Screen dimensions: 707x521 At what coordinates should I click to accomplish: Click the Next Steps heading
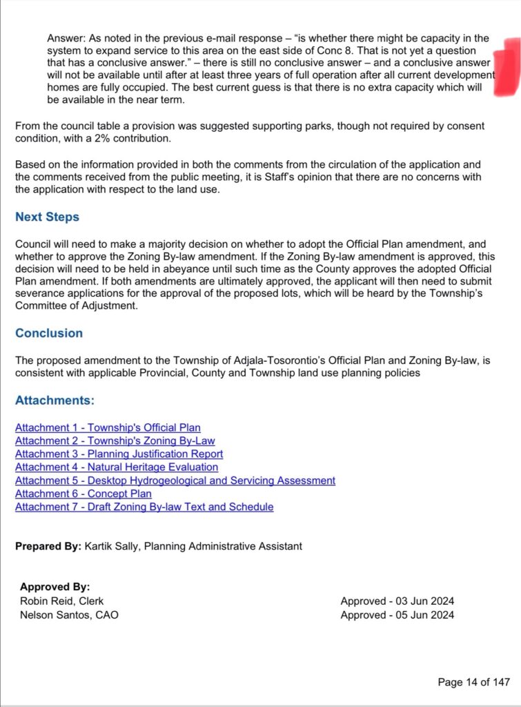47,217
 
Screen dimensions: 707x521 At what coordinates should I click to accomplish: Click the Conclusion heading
49,333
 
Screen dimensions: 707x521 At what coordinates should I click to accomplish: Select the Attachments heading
55,400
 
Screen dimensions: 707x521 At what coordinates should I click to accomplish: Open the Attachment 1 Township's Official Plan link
108,428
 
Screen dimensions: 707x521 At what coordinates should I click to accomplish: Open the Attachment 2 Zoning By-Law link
115,441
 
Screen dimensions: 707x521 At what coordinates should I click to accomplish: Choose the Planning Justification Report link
119,454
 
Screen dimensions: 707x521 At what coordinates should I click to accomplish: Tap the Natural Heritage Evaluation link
117,467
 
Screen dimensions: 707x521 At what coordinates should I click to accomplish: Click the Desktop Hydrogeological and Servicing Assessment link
175,481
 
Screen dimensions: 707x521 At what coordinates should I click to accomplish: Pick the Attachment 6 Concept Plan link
83,494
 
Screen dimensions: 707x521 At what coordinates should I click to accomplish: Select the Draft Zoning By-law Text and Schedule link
144,507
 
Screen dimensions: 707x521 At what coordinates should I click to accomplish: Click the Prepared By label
48,546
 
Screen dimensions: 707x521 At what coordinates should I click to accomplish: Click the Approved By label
55,587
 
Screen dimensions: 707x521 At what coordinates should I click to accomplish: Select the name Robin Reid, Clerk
61,601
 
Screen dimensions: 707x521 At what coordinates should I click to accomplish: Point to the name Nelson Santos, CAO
69,614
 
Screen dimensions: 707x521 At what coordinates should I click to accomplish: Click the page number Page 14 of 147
473,682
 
